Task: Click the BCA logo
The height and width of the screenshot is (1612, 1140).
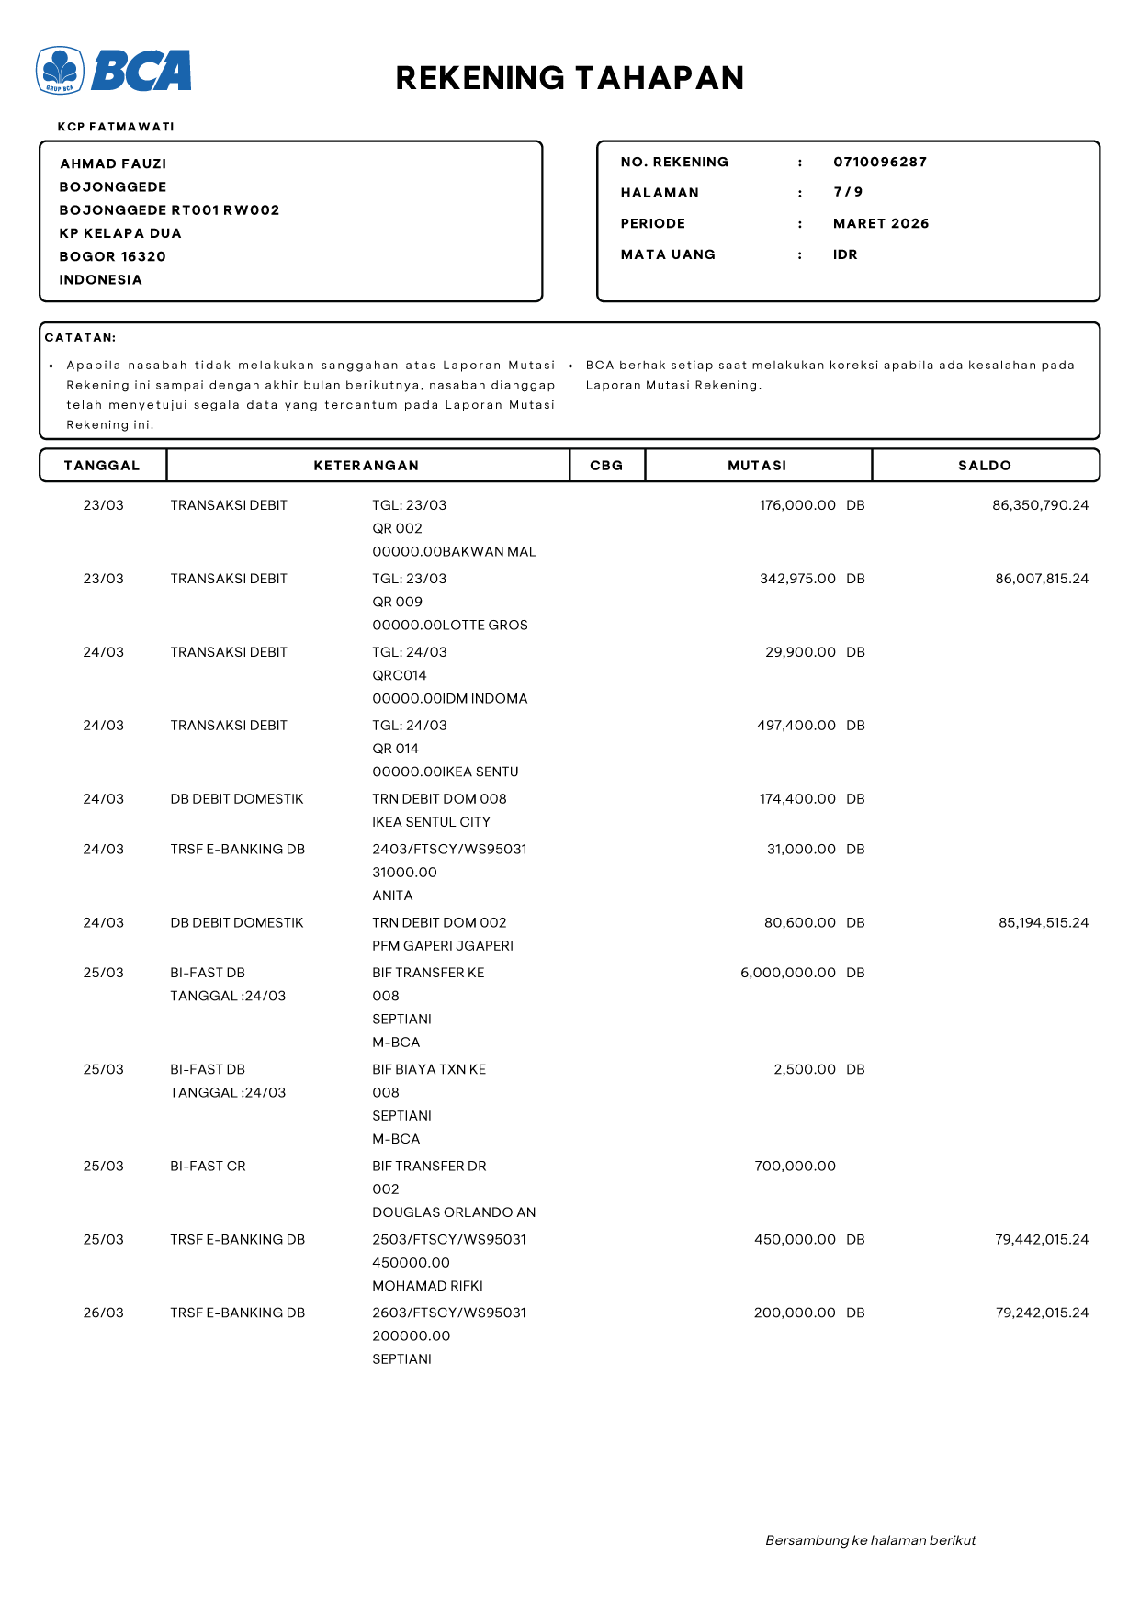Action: (114, 71)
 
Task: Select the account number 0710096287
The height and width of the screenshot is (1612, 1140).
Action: (879, 163)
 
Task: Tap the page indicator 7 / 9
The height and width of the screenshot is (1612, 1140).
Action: (847, 192)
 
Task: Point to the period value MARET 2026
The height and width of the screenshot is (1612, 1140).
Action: (880, 224)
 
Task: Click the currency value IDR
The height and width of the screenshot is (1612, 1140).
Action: (844, 255)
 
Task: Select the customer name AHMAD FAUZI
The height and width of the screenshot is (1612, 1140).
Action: (113, 164)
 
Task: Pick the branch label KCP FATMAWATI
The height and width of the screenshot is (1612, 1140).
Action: (116, 127)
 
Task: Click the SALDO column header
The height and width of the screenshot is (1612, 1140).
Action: (984, 466)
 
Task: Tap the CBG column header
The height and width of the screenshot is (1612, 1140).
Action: (606, 466)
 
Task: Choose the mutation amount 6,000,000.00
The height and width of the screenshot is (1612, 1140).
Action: (787, 973)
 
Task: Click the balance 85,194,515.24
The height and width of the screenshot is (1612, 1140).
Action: (1043, 923)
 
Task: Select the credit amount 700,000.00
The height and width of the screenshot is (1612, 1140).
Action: (795, 1167)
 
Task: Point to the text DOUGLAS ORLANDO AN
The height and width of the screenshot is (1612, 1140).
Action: (454, 1212)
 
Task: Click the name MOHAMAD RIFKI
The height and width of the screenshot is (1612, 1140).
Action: (427, 1286)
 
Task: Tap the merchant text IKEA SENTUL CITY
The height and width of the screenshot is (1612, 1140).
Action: (431, 822)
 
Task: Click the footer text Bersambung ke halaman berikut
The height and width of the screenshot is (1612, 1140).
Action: (870, 1540)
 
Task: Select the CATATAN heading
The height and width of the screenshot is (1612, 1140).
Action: (81, 338)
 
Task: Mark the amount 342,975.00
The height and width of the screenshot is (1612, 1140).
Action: (796, 579)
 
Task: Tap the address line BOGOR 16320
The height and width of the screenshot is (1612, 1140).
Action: (112, 257)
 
